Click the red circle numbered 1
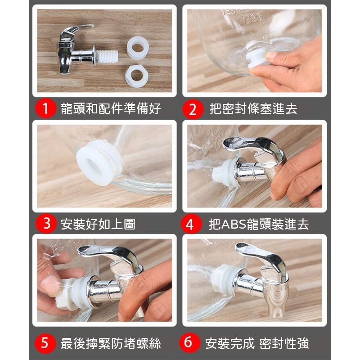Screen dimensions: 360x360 pos(45,108)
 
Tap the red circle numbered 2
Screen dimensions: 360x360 pos(193,109)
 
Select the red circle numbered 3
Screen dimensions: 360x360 pos(46,224)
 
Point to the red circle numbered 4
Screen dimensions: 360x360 pos(190,224)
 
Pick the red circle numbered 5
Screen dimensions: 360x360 pos(45,343)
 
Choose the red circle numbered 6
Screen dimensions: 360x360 pos(189,342)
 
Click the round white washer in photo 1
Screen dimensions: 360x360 pos(138,48)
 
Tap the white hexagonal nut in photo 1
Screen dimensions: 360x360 pos(137,76)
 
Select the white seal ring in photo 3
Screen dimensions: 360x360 pos(98,162)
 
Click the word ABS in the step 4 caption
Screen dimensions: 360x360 pos(234,224)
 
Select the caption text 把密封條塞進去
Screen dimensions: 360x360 pos(253,109)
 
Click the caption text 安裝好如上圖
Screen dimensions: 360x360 pos(98,224)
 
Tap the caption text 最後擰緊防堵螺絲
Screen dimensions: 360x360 pos(111,343)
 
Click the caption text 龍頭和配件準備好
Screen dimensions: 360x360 pos(111,108)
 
